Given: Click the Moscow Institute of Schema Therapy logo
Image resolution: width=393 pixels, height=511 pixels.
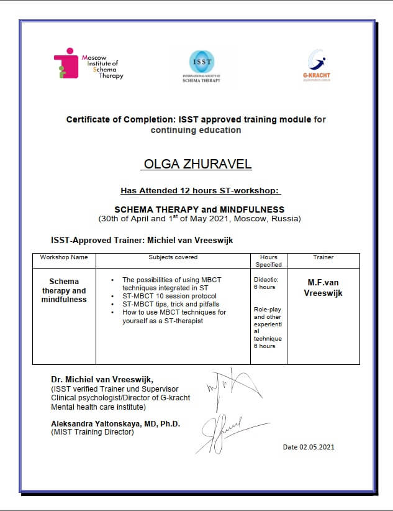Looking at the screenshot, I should point(88,64).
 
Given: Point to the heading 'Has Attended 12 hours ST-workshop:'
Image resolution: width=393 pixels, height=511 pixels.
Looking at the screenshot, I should point(201,191).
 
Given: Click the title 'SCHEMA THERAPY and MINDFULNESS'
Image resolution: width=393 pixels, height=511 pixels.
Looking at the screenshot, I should point(200,209).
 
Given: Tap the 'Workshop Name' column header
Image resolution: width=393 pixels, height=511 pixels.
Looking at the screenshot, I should point(64,257).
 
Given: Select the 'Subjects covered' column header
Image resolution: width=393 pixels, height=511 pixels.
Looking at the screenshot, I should point(173,257).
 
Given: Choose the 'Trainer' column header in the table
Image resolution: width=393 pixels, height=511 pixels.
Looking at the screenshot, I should point(323,257).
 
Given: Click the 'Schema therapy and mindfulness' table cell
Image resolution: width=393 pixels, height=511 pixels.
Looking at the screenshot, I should point(64,290).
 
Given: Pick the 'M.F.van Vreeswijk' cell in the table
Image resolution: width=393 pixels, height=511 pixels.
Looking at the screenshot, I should point(323,287).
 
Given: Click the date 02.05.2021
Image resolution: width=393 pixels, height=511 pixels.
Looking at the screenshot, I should point(309,447).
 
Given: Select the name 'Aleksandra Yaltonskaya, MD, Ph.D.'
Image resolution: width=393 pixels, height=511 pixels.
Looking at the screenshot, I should point(115,424).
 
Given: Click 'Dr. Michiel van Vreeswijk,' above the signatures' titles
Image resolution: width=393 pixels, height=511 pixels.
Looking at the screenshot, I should point(102,379).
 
